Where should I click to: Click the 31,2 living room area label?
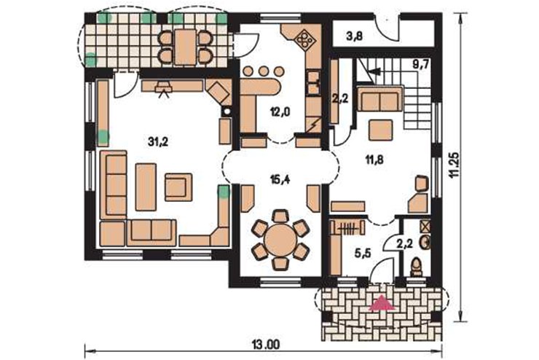158,141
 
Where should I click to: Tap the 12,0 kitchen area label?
280,112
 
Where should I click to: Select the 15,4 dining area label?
280,179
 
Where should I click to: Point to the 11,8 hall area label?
374,159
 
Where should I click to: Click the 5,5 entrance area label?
362,254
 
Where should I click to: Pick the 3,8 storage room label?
355,36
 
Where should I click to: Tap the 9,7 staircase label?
420,64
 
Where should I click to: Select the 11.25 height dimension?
455,165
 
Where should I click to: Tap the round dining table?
280,240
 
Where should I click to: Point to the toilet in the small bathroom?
417,267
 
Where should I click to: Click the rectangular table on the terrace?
185,47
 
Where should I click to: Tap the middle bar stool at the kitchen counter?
264,71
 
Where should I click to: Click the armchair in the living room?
178,187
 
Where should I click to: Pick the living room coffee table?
146,187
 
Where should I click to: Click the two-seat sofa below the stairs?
379,99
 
